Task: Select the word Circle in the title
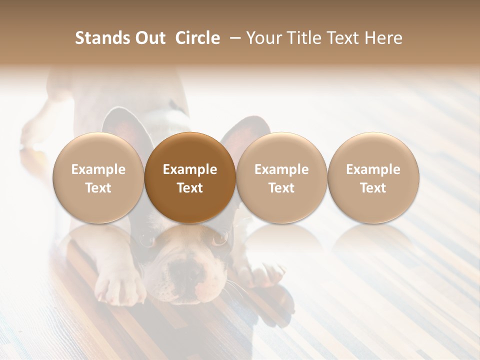click(x=197, y=38)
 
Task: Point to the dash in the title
click(x=233, y=38)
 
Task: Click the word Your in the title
click(x=263, y=38)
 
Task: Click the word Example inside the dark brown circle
click(x=190, y=169)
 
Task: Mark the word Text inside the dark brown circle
click(x=190, y=188)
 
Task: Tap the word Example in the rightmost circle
click(x=373, y=169)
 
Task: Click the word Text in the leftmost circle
click(x=98, y=188)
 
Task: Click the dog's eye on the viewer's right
click(x=219, y=239)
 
